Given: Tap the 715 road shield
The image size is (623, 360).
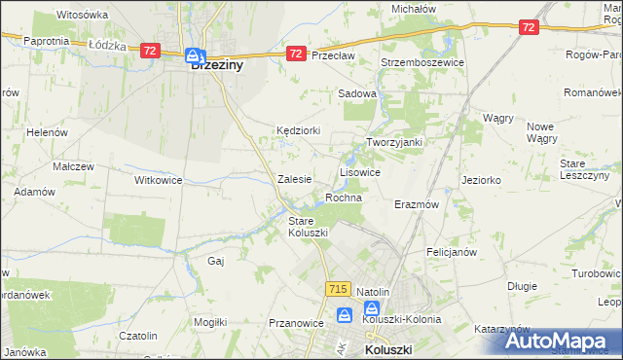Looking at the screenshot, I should pyautogui.click(x=338, y=289).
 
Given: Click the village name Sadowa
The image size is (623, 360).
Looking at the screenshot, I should pyautogui.click(x=356, y=94).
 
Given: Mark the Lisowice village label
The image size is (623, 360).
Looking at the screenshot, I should pyautogui.click(x=359, y=171).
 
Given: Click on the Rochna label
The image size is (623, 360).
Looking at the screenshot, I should pyautogui.click(x=344, y=198).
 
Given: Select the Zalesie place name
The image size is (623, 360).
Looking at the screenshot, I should pyautogui.click(x=294, y=179).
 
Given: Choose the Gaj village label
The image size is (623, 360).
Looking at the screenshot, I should pyautogui.click(x=216, y=261).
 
